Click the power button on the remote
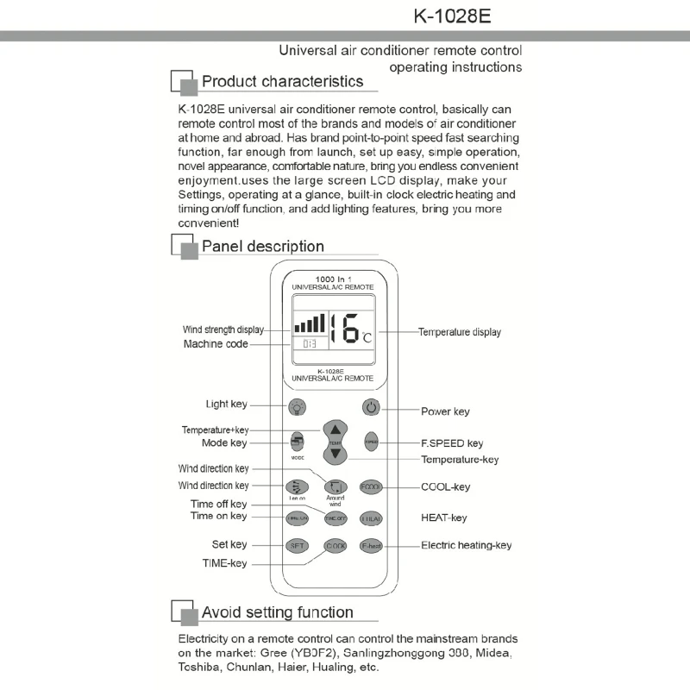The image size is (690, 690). coord(371,407)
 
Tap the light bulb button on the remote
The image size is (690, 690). coord(298,407)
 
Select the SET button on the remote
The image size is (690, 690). coord(298,545)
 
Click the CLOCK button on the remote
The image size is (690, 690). coord(335,545)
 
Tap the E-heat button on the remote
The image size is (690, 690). coord(371,545)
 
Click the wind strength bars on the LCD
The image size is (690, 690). coord(309,323)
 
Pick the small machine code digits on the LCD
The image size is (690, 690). coord(308,343)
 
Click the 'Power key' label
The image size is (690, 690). coord(445,411)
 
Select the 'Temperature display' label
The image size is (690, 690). coord(459,332)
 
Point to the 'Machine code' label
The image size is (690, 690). coord(216,344)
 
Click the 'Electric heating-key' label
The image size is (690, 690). coord(466,545)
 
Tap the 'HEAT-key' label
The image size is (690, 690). coord(443,517)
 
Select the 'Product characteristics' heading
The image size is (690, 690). coord(282,82)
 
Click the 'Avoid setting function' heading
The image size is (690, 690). coord(277,612)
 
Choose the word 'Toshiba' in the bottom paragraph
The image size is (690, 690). coord(200,667)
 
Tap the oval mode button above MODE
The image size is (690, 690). coord(298,440)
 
